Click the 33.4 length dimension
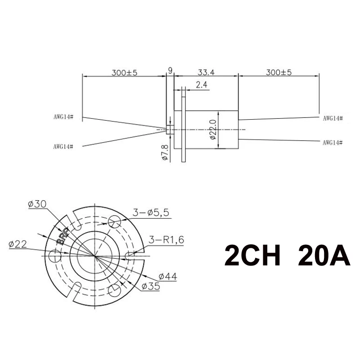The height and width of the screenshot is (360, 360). click(x=205, y=71)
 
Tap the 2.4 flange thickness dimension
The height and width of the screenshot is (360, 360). click(x=202, y=84)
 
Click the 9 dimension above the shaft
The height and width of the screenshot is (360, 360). click(x=170, y=70)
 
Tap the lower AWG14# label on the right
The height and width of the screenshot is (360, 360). click(x=333, y=142)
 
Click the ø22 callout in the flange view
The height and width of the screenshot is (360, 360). click(x=18, y=244)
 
